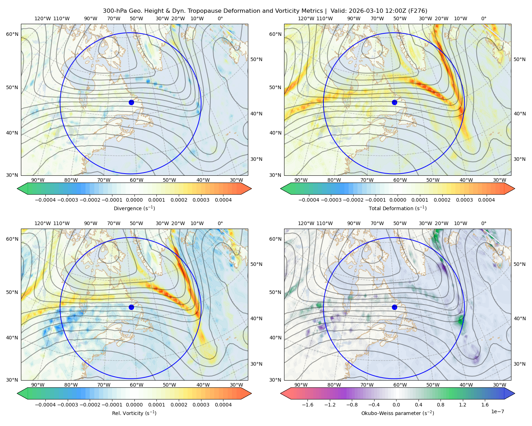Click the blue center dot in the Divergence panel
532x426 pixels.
click(x=131, y=102)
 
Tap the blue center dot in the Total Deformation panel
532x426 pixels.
click(x=394, y=102)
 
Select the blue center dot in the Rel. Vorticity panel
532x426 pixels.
click(x=131, y=307)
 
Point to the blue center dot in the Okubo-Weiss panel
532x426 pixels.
click(x=394, y=307)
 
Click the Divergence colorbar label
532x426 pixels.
click(x=134, y=208)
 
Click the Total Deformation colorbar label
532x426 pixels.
click(x=398, y=208)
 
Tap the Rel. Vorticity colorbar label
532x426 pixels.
click(x=134, y=413)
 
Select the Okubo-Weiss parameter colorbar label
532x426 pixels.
click(x=398, y=413)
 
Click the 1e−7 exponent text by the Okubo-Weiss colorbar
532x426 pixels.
click(x=497, y=411)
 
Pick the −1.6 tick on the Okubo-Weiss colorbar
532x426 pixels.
click(x=307, y=404)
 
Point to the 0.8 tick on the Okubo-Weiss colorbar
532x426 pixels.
click(x=440, y=404)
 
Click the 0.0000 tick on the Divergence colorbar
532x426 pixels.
click(x=134, y=200)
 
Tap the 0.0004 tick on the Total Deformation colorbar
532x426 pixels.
click(x=486, y=200)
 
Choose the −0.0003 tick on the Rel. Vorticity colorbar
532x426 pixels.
click(x=67, y=404)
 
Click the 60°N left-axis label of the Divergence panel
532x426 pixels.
click(x=12, y=34)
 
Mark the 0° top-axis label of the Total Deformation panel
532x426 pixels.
click(x=483, y=18)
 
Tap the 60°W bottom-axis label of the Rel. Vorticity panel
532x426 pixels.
click(x=137, y=385)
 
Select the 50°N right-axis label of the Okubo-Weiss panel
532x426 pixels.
click(x=519, y=264)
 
